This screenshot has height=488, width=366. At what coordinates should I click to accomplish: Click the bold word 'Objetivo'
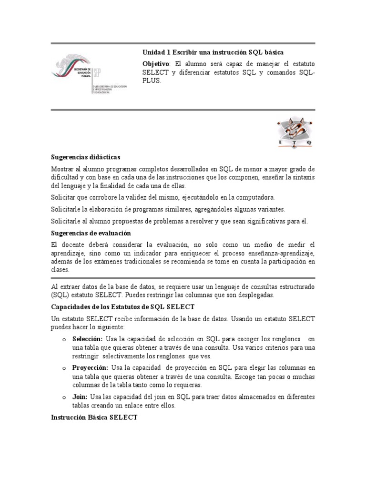[155, 63]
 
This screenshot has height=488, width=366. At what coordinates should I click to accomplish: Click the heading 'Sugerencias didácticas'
[86, 157]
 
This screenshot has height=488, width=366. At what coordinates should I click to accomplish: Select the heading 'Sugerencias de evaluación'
[91, 233]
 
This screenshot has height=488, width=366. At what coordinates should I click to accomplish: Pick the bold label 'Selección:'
[88, 339]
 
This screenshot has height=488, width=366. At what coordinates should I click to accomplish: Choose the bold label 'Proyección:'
[91, 368]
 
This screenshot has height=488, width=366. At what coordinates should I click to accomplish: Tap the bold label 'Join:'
[80, 397]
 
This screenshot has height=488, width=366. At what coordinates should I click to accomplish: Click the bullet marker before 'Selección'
[64, 339]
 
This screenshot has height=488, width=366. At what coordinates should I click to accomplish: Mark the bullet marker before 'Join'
[64, 397]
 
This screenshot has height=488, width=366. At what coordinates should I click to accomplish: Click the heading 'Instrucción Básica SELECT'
[94, 417]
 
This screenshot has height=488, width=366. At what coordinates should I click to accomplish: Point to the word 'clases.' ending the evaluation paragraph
[60, 269]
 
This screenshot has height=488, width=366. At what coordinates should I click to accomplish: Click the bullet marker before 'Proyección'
[64, 368]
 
